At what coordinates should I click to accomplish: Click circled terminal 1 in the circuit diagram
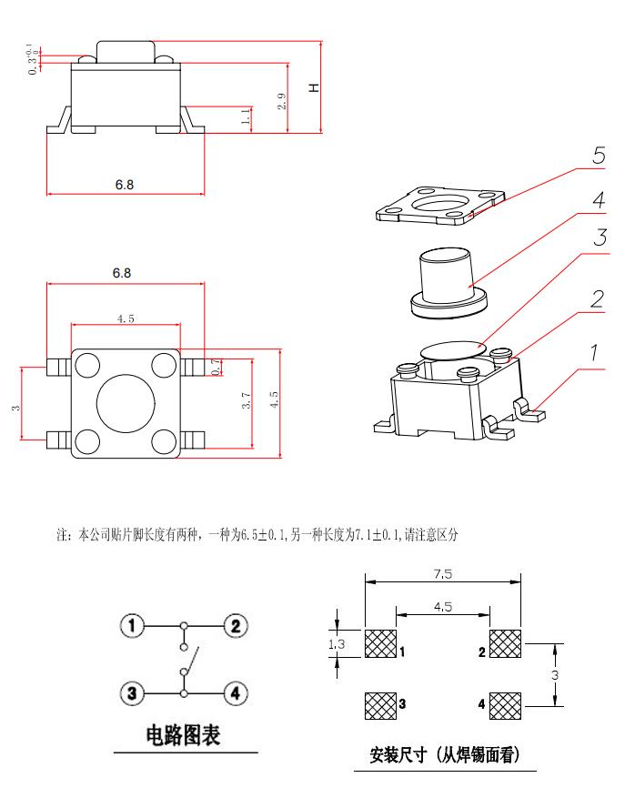133,626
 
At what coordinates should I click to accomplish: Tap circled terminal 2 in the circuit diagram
236,626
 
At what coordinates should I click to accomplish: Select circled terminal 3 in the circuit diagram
133,693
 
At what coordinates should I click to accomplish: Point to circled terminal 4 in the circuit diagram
236,693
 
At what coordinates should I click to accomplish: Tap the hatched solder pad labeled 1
380,644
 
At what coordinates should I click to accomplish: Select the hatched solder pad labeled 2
505,644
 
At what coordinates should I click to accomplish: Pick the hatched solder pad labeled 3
380,704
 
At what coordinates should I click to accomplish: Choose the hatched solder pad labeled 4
505,704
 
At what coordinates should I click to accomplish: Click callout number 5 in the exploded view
598,156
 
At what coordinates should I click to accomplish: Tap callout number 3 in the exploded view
598,237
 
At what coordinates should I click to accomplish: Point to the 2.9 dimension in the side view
283,101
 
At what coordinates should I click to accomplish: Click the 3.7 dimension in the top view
246,401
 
